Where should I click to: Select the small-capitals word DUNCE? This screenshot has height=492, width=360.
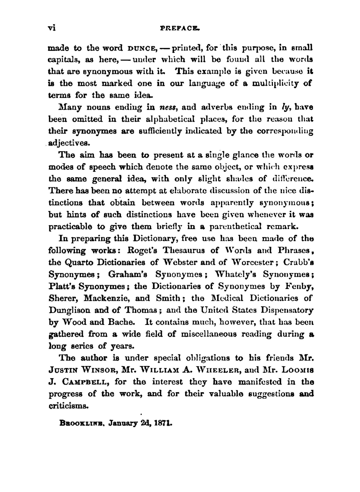141,48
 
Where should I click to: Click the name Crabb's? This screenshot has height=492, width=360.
298,262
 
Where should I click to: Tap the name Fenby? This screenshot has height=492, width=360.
300,286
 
